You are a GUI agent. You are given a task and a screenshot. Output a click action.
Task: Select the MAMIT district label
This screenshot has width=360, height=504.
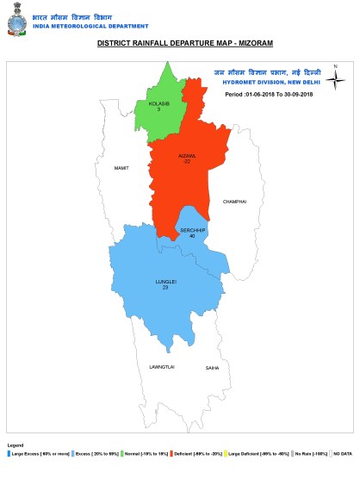[x=121, y=167]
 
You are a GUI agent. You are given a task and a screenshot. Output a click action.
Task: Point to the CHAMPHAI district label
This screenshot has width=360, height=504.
[x=235, y=201]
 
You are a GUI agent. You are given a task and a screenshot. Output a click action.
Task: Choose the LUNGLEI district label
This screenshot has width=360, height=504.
[x=165, y=281]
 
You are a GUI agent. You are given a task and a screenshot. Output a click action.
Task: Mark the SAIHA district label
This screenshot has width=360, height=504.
[x=212, y=367]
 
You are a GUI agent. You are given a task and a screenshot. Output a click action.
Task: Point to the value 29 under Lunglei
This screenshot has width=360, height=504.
[x=164, y=286]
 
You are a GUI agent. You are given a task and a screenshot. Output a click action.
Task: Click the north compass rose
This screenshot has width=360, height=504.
[x=337, y=78]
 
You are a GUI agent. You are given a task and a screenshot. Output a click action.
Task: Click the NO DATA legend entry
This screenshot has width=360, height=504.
[x=340, y=451]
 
